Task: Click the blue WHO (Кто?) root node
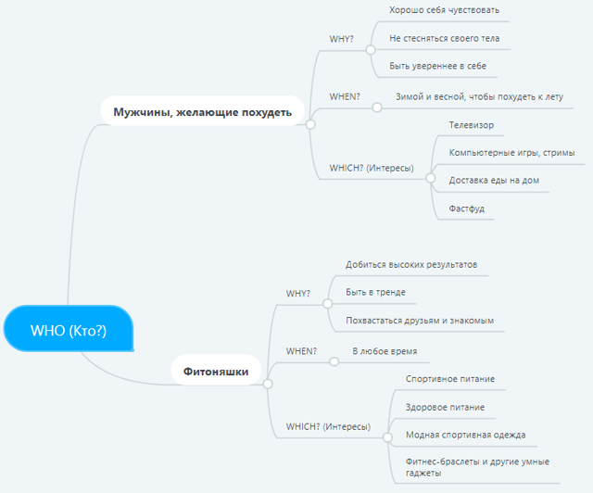click(69, 328)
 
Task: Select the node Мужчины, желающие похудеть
click(202, 111)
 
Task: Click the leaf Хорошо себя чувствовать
click(444, 10)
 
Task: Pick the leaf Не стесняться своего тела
click(445, 38)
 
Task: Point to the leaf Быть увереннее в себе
click(437, 66)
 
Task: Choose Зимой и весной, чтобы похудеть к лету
click(480, 96)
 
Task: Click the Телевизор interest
click(472, 125)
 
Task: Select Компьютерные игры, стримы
click(511, 153)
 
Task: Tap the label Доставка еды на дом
click(494, 180)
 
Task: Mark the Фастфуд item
click(467, 209)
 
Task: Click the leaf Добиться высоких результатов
click(411, 264)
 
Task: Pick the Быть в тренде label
click(375, 292)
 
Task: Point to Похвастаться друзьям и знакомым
click(420, 321)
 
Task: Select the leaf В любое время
click(385, 351)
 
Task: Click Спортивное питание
click(450, 379)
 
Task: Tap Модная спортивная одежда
click(465, 435)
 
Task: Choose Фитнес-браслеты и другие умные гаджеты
click(477, 467)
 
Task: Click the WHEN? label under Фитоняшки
click(301, 351)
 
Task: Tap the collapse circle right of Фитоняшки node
click(268, 384)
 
